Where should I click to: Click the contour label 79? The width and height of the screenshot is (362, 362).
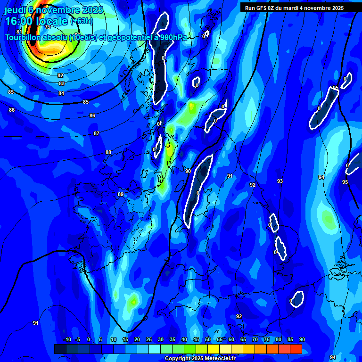48,41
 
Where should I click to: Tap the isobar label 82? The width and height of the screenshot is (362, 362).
60,75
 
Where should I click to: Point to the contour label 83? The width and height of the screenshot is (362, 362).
62,83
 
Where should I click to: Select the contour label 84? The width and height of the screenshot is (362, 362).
61,93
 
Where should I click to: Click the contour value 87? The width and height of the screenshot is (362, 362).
97,133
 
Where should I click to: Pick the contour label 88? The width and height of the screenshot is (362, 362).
108,152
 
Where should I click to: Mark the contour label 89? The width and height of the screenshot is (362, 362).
121,194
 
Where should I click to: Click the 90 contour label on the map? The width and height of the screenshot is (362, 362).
188,171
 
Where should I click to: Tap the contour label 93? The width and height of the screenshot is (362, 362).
280,181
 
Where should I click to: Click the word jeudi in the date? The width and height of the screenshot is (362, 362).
15,10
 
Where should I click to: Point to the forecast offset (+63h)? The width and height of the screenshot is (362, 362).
82,21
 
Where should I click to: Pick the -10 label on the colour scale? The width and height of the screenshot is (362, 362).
67,340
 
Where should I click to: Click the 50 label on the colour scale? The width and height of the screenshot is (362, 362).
208,340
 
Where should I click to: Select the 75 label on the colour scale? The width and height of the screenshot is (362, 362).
267,340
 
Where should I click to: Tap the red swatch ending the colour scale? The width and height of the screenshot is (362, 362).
296,349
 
